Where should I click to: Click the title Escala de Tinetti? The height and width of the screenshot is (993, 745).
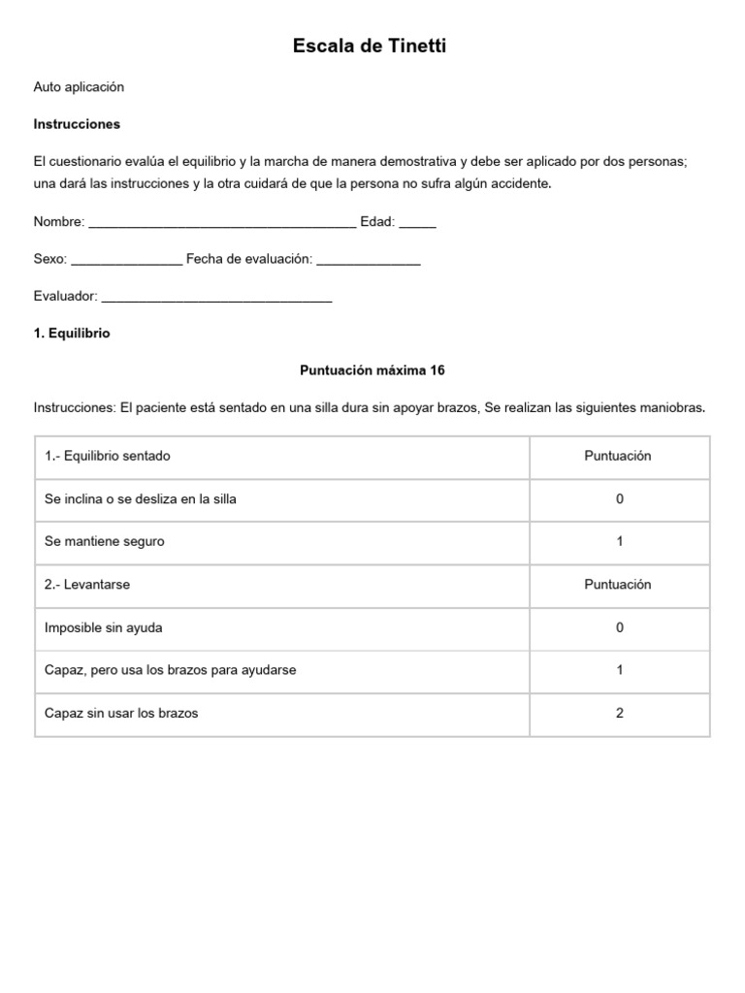pyautogui.click(x=370, y=46)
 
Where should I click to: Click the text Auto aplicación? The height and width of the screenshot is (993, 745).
pyautogui.click(x=79, y=87)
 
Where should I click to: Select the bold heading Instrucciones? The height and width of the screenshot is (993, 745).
pyautogui.click(x=77, y=124)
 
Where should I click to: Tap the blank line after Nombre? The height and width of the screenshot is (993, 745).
pyautogui.click(x=222, y=223)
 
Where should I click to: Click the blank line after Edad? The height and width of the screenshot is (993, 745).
pyautogui.click(x=417, y=223)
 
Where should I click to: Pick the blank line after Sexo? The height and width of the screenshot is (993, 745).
pyautogui.click(x=126, y=260)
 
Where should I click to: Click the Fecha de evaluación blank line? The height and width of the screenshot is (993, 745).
pyautogui.click(x=369, y=260)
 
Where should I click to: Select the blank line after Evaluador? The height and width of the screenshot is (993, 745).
pyautogui.click(x=216, y=298)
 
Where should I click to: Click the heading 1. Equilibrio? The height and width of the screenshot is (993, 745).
pyautogui.click(x=72, y=333)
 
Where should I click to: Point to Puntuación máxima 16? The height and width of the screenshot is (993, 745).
pyautogui.click(x=372, y=370)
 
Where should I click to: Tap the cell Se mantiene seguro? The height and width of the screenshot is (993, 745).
pyautogui.click(x=105, y=541)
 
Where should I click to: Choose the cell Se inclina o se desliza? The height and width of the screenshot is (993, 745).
pyautogui.click(x=141, y=498)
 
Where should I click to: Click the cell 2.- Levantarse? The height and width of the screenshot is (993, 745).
pyautogui.click(x=87, y=585)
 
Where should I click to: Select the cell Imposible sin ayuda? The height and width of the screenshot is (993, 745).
pyautogui.click(x=104, y=627)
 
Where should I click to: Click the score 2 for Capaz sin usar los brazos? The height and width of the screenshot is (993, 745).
pyautogui.click(x=620, y=713)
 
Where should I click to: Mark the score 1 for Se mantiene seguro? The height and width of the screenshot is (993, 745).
pyautogui.click(x=620, y=541)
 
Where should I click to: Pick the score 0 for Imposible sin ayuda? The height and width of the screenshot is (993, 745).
pyautogui.click(x=620, y=627)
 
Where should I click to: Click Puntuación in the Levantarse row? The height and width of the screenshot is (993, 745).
pyautogui.click(x=618, y=585)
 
